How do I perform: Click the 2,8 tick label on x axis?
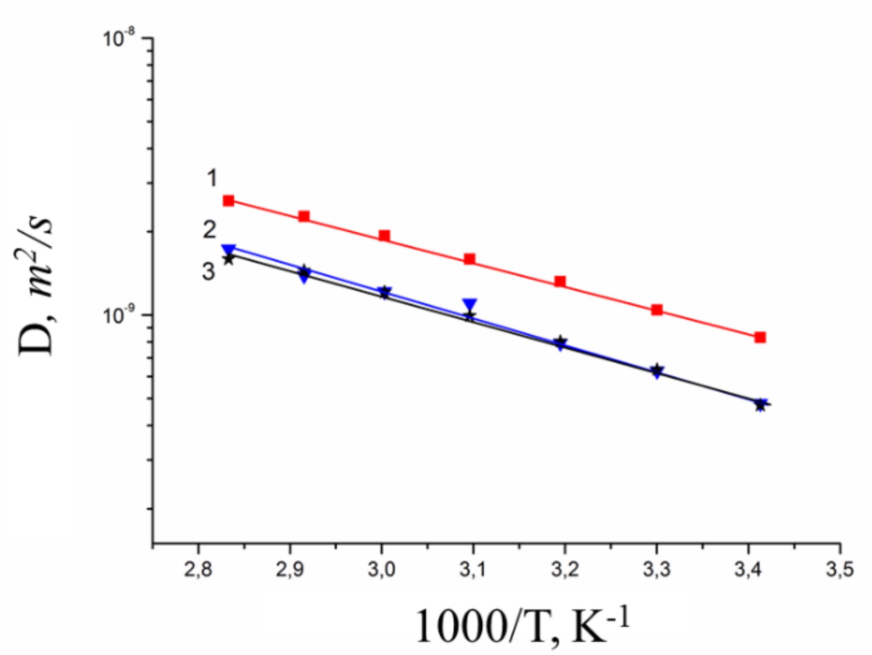tap(198, 570)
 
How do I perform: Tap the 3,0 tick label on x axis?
tap(381, 570)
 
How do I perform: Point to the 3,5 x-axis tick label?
tap(840, 570)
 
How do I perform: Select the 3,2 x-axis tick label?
tap(565, 570)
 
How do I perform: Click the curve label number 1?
tap(212, 178)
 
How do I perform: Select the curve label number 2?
tap(210, 229)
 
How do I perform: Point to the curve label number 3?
tap(208, 272)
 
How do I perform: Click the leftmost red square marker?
tap(229, 201)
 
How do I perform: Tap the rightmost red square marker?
tap(760, 338)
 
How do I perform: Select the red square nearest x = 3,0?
tap(384, 236)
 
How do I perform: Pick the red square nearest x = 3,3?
tap(657, 310)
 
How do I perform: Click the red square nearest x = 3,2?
tap(560, 281)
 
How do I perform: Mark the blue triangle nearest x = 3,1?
tap(470, 304)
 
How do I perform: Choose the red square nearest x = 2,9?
tap(304, 216)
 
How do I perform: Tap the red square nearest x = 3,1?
tap(469, 259)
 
